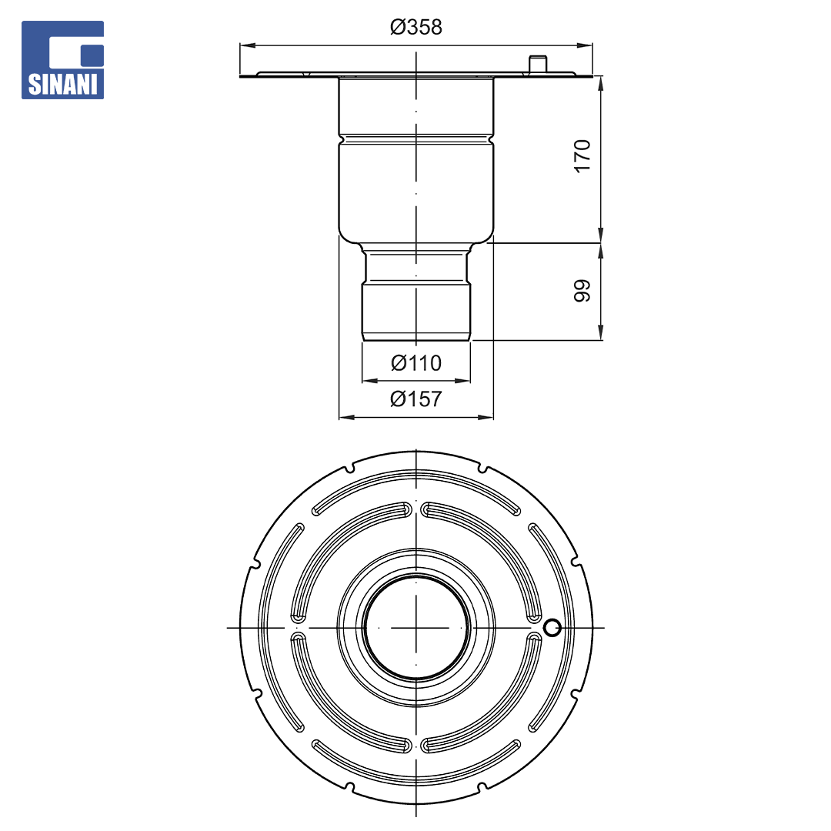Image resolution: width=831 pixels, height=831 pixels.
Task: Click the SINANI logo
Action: pos(62,60)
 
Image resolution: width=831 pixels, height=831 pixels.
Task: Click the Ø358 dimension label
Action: pos(416,27)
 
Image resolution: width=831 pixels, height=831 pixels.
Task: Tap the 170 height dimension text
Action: pos(582,155)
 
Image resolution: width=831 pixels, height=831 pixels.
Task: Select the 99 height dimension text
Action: pos(582,290)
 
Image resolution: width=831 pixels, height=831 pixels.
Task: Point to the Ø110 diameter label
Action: pos(416,363)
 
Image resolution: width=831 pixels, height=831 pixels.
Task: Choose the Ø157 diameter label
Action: pos(416,399)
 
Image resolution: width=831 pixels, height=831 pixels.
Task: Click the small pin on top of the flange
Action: pos(537,64)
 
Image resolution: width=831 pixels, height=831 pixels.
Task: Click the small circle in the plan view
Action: pos(552,628)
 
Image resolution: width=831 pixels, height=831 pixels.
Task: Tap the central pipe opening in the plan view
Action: pos(416,628)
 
